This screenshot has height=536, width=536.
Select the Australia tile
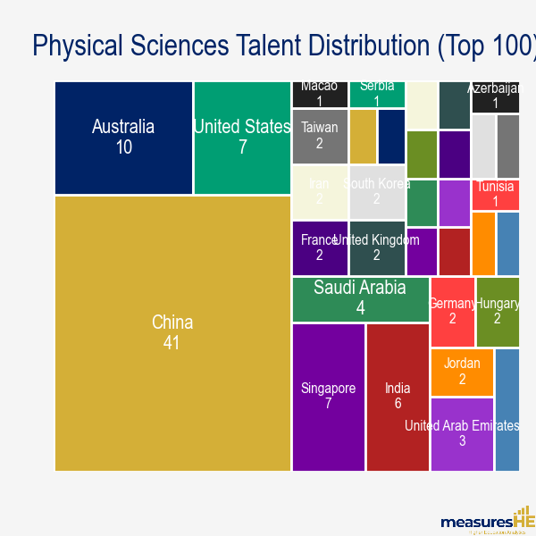tap(123, 138)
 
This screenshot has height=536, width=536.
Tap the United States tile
tap(242, 138)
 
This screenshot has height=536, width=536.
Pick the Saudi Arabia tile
tap(360, 298)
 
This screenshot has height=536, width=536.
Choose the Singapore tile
tap(328, 397)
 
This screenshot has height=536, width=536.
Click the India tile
tap(398, 397)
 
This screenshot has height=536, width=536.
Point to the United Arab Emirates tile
tap(461, 434)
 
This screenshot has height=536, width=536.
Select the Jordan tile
tap(462, 372)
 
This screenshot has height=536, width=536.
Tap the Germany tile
tap(451, 312)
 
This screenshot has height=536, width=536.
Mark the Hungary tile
tap(498, 312)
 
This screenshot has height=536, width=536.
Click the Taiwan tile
tap(319, 136)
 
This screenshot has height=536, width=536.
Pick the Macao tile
tap(319, 94)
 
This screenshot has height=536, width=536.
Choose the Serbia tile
tap(377, 94)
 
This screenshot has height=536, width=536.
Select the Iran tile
tap(319, 192)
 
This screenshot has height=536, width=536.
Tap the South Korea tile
tap(376, 192)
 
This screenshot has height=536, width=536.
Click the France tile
tap(319, 247)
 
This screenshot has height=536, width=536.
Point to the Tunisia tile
tap(496, 195)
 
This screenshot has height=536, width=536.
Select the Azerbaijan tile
tap(496, 96)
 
